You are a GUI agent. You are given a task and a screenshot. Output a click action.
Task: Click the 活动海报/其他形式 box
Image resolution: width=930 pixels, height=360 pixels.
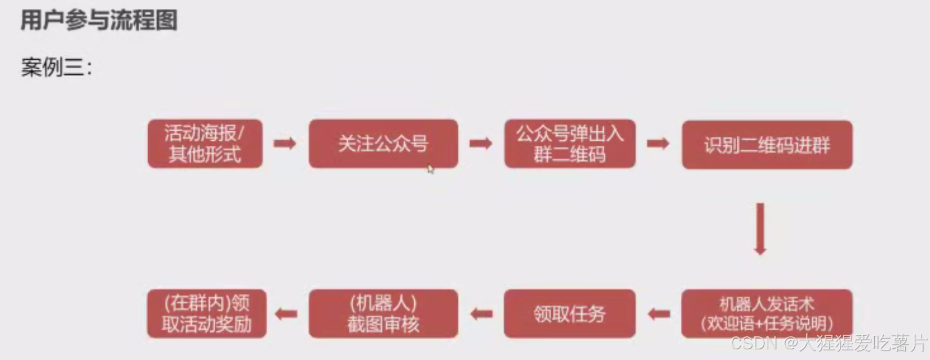[205, 144]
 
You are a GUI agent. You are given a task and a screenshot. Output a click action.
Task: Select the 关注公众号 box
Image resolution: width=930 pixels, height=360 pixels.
[383, 144]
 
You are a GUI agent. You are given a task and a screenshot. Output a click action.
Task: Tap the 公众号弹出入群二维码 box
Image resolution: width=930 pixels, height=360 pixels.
[569, 144]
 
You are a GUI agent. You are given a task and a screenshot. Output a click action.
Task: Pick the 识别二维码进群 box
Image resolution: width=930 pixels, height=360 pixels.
[767, 145]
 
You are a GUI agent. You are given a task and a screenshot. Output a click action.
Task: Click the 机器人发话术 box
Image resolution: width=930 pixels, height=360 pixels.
[767, 305]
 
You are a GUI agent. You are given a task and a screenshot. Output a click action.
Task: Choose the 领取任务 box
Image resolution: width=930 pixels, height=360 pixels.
[569, 314]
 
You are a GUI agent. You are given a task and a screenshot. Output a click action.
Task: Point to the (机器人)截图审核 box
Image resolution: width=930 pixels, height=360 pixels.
[383, 314]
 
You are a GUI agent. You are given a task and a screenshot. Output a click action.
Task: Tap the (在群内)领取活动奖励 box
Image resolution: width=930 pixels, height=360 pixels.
[206, 314]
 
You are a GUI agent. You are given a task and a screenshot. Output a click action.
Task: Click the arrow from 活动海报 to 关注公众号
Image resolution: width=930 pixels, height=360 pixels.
[285, 143]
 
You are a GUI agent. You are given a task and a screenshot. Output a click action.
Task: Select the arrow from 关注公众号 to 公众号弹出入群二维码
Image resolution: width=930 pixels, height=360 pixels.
[481, 143]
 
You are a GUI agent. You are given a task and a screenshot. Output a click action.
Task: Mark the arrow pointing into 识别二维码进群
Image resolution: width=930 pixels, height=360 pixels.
[658, 143]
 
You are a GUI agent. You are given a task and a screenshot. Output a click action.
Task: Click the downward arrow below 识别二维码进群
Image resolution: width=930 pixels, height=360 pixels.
[760, 229]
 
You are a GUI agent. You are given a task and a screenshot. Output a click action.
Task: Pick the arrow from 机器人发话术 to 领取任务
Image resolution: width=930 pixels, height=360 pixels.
[659, 314]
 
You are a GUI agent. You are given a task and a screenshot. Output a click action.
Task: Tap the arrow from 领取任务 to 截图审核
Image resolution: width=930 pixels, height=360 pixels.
[481, 314]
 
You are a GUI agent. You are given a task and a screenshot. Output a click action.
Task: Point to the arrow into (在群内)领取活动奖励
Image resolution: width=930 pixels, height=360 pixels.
[286, 314]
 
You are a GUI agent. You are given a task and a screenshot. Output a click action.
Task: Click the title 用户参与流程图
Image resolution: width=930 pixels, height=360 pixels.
[99, 21]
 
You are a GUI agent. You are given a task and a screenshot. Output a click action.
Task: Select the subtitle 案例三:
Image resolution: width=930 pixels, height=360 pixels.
[56, 68]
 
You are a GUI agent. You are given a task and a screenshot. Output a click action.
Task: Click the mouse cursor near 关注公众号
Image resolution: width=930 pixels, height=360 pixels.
[430, 168]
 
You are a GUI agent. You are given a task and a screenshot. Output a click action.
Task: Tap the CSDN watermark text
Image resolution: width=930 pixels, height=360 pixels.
[829, 343]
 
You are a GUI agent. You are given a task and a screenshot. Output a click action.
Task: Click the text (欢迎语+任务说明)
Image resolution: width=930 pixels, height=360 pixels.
[767, 324]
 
